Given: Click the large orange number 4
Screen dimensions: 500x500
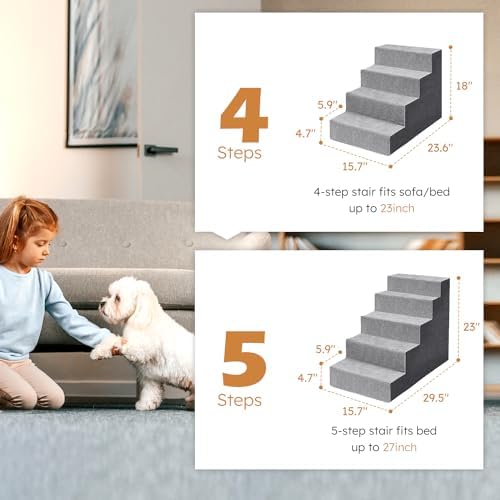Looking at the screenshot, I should (243, 116).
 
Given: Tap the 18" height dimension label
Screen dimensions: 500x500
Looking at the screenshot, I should (463, 87).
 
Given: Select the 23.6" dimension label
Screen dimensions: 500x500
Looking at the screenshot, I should (436, 148).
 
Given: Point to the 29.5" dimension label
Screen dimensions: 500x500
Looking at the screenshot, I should (435, 397).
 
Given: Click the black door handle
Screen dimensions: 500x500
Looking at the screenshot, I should (160, 150).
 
